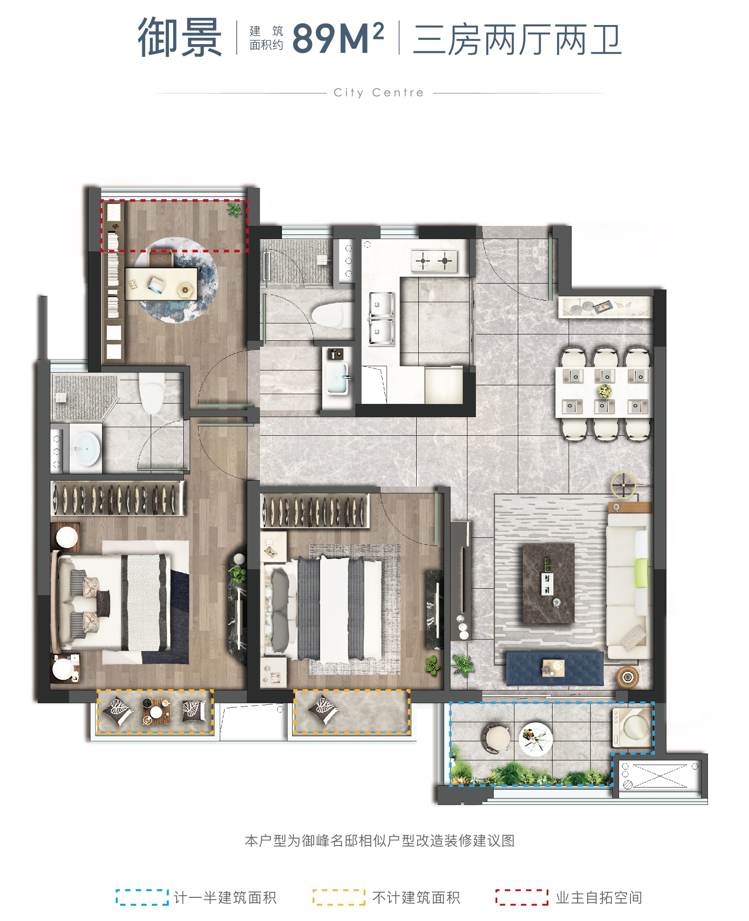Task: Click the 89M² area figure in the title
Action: pos(338,38)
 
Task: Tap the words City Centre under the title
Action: pos(379,93)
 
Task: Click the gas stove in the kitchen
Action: pos(434,260)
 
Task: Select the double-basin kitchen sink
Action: pos(381,319)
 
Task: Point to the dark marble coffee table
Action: pos(548,583)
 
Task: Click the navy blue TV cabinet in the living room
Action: pos(554,668)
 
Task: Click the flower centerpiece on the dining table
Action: pos(605,391)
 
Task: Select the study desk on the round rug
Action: pos(161,284)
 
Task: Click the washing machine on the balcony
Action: pos(632,729)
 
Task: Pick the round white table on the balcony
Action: pos(536,739)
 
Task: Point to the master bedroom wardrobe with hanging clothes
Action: pos(117,498)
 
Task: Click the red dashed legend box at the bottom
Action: pos(522,897)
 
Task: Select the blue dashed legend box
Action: pos(142,897)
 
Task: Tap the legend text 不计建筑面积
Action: pos(416,897)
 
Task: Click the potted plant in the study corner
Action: pos(234,209)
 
